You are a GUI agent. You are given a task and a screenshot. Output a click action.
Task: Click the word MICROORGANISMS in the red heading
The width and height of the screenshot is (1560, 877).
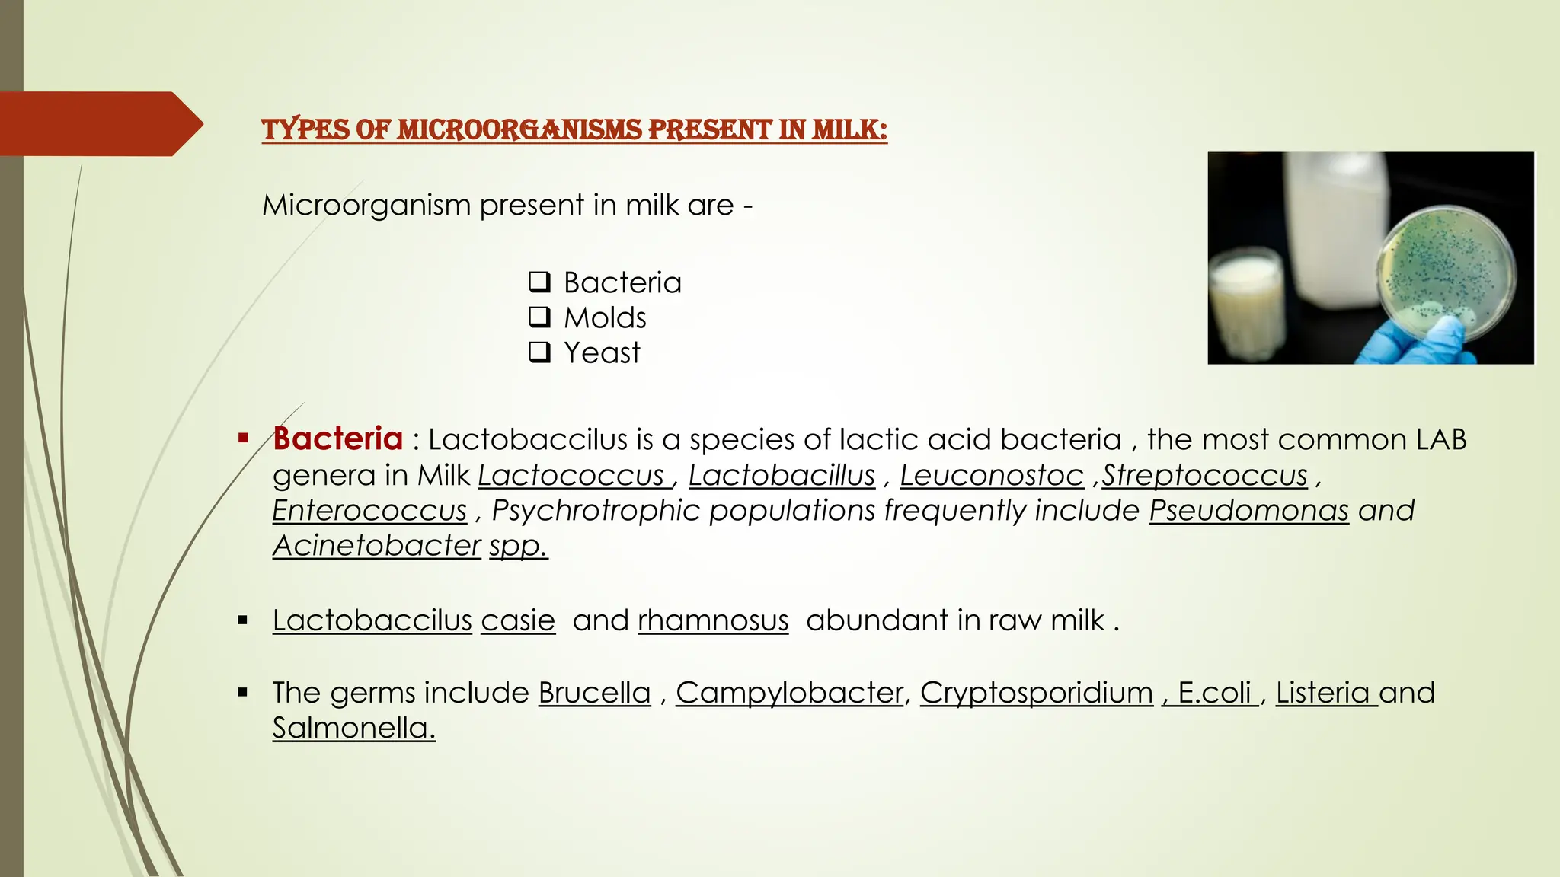point(519,129)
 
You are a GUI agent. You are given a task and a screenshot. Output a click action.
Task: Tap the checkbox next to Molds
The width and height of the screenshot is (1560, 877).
point(539,317)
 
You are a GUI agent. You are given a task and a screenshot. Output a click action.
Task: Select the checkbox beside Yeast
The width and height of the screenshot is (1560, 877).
point(539,352)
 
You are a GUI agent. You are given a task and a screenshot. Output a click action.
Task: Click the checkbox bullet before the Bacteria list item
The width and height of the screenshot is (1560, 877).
point(539,282)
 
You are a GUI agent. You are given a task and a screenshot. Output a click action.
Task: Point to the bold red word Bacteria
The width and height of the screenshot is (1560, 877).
point(337,438)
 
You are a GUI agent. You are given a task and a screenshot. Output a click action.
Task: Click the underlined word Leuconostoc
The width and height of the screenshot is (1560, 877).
point(991,475)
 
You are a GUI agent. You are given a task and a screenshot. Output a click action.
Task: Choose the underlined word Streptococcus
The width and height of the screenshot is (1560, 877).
point(1204,475)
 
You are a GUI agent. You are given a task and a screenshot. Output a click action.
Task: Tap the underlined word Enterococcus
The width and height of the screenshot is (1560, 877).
point(369,510)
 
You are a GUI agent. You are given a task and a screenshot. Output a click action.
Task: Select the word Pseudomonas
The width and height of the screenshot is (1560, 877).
point(1248,510)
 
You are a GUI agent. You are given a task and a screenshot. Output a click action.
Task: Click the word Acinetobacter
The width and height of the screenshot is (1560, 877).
point(376,545)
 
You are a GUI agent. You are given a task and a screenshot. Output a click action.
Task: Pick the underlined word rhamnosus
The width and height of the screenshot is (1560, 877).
point(713,620)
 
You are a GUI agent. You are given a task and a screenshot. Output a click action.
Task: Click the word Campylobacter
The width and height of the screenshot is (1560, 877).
point(789,693)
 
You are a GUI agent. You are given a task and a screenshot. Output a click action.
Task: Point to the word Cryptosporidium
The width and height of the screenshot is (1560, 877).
point(1036,693)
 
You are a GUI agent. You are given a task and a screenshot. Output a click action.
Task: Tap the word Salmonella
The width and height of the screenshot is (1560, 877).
point(353,728)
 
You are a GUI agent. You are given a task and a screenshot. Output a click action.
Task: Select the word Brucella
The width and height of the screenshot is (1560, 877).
point(594,693)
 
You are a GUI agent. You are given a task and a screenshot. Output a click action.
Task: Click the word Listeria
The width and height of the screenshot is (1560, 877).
point(1323,693)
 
